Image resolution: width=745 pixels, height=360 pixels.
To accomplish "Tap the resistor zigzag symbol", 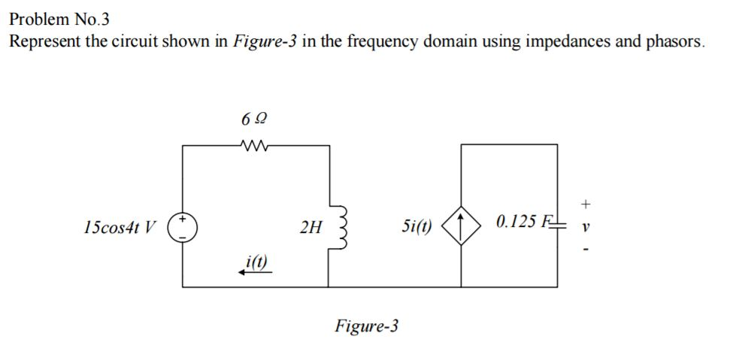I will [256, 146].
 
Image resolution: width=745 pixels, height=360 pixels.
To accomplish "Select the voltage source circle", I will [182, 224].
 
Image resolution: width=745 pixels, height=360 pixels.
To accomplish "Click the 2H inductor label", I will [308, 225].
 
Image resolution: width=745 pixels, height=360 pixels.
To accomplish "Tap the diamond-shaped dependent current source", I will [460, 224].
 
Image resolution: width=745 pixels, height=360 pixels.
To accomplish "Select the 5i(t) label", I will [418, 225].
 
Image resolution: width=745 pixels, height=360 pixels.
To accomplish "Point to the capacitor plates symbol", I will [557, 223].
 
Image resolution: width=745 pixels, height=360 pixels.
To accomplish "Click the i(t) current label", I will [256, 262].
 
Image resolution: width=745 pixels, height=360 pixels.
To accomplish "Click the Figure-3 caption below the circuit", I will [367, 326].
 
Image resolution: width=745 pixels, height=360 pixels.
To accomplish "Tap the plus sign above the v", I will [586, 203].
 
